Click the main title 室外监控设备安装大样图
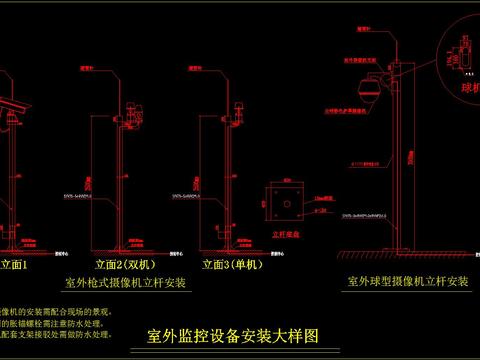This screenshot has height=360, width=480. pyautogui.click(x=232, y=335)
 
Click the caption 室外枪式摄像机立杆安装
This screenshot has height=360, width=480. pyautogui.click(x=125, y=283)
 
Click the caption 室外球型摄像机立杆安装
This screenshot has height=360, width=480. pyautogui.click(x=407, y=282)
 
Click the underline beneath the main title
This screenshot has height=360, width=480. pyautogui.click(x=232, y=347)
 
